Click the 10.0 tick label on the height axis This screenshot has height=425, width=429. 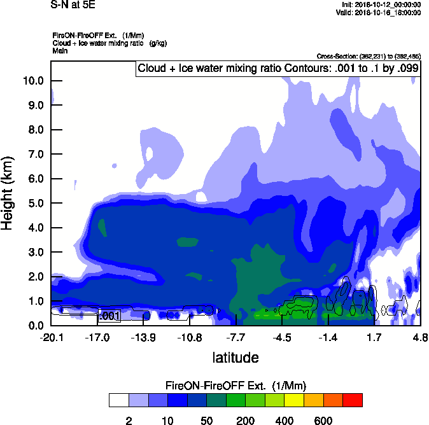point(32,81)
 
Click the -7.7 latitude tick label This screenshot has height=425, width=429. point(236,337)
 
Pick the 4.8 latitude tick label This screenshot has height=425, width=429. point(419,337)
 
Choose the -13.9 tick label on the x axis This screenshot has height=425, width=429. point(143,337)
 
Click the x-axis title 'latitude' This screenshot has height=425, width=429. point(235,358)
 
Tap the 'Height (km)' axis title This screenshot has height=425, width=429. point(8,193)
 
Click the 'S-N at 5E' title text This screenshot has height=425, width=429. point(73,4)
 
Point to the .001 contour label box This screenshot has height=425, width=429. point(109,316)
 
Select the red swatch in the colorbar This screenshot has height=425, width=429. point(353,400)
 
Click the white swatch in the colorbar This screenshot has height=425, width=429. point(118,400)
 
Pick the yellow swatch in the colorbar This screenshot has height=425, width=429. point(294,400)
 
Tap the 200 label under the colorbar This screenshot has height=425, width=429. point(246,421)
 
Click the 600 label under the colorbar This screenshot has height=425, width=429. point(323,421)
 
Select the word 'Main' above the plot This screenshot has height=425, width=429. point(60,50)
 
